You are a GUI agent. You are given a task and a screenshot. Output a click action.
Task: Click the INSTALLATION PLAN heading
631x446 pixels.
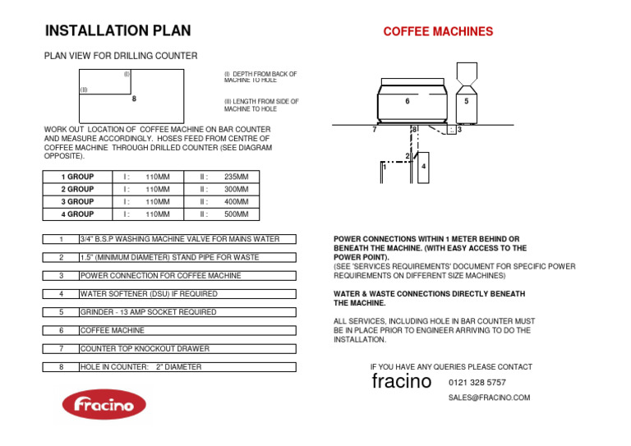tap(117, 31)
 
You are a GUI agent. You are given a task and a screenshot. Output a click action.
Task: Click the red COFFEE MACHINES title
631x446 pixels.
tap(438, 32)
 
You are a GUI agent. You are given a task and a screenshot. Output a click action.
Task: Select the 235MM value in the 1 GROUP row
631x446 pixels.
tap(237, 177)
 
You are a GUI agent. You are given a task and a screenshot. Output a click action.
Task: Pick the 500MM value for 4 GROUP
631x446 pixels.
tap(237, 214)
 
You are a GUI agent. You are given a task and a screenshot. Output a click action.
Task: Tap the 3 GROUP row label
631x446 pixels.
tap(77, 202)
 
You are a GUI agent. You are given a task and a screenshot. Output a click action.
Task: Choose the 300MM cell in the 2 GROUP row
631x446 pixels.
tap(237, 190)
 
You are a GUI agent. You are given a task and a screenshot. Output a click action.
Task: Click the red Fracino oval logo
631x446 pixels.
tap(104, 404)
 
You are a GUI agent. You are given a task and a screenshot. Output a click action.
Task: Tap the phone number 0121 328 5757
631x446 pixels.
tap(477, 383)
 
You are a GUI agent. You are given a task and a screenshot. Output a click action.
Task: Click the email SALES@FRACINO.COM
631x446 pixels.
tap(489, 398)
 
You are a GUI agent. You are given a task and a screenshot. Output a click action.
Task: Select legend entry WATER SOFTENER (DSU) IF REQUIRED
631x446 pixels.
tap(149, 293)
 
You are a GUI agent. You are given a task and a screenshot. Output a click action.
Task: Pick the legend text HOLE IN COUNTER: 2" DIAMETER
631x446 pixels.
tap(140, 367)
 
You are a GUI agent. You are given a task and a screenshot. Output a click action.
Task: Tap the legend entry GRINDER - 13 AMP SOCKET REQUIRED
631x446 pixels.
tap(148, 312)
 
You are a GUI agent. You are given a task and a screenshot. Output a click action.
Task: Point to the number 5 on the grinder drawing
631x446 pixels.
tap(466, 101)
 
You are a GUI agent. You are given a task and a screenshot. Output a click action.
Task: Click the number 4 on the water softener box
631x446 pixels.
tap(422, 168)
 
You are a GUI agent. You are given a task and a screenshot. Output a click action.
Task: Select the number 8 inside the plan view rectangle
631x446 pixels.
tap(134, 99)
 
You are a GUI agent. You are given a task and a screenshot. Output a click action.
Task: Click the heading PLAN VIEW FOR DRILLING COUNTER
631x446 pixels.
tap(120, 56)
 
